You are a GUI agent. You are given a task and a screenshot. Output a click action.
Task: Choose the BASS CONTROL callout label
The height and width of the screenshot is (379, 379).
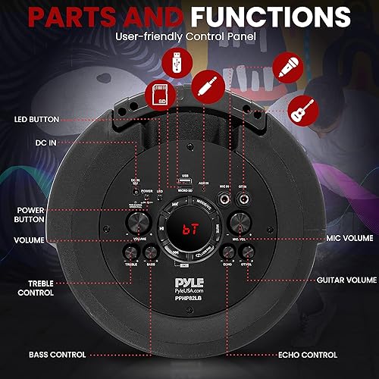point(58,354)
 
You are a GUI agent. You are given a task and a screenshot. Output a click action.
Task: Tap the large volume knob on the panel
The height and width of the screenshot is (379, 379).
point(139,221)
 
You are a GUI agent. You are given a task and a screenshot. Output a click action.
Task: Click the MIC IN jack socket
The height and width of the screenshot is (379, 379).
point(225,198)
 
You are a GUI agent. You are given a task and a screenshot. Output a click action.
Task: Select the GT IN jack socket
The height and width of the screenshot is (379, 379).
point(244,198)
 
